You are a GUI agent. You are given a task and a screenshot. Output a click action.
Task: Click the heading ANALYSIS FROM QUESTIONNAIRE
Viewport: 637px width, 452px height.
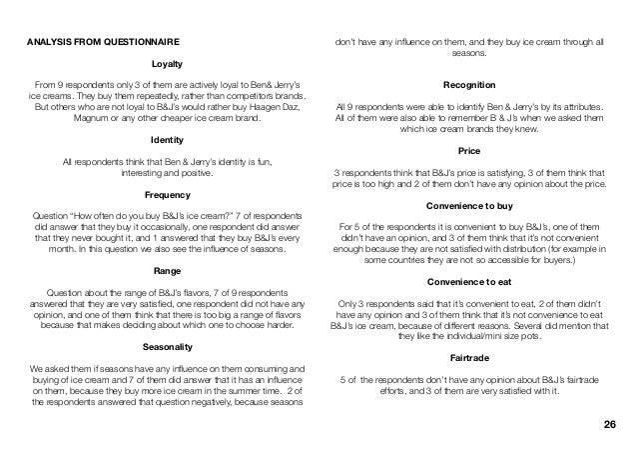pyautogui.click(x=103, y=42)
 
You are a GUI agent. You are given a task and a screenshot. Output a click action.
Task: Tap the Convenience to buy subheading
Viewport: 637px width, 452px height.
pyautogui.click(x=468, y=207)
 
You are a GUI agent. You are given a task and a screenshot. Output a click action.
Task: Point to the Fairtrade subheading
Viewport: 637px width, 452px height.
pyautogui.click(x=468, y=362)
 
